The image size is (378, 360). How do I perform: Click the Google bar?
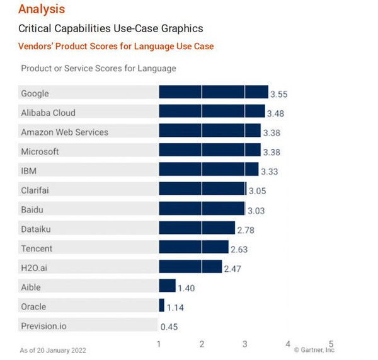[x=213, y=93]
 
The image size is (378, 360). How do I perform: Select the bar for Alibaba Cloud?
[x=211, y=112]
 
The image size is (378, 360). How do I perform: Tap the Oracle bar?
[x=161, y=306]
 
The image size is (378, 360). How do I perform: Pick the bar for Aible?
[x=167, y=287]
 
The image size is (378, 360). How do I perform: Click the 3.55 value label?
[x=279, y=94]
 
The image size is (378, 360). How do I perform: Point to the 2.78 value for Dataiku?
[x=245, y=229]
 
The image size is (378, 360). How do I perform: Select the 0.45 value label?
[x=169, y=327]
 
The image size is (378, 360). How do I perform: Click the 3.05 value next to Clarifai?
[x=258, y=190]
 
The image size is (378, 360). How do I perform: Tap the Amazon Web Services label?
[x=64, y=132]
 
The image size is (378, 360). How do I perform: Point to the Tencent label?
[x=37, y=248]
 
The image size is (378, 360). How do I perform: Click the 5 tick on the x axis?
[x=331, y=344]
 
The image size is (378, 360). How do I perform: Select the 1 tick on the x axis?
[x=159, y=344]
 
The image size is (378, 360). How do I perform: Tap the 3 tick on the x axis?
[x=245, y=344]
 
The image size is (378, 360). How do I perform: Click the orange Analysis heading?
[x=41, y=9]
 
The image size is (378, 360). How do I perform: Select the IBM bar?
[x=209, y=170]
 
